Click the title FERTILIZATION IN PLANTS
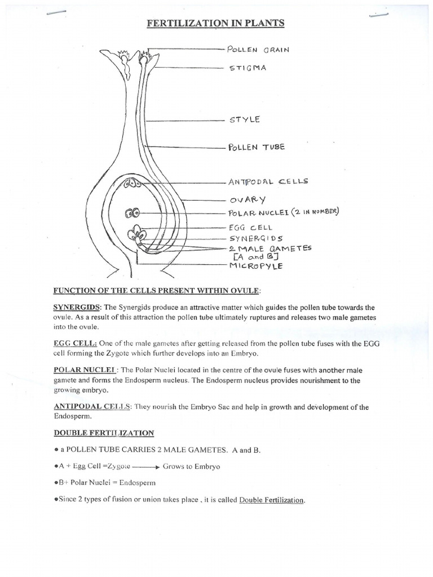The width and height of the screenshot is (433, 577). click(216, 23)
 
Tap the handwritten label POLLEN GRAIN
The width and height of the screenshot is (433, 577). click(258, 50)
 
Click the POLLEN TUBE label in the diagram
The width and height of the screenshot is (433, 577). click(257, 148)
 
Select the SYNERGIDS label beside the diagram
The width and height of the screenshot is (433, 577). click(256, 238)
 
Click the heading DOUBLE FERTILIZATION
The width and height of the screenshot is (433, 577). click(104, 433)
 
